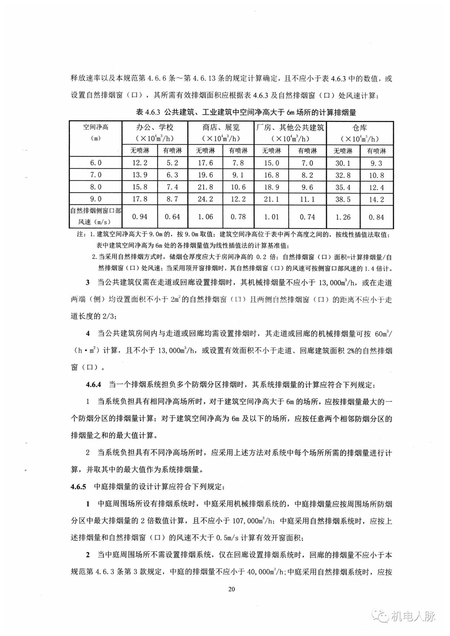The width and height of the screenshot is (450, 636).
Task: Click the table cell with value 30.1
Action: point(343,163)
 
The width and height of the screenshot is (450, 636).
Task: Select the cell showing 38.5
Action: point(343,199)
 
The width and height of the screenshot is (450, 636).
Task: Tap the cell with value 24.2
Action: point(205,199)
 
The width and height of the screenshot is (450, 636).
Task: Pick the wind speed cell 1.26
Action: point(343,217)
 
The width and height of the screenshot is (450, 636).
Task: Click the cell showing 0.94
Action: point(140,217)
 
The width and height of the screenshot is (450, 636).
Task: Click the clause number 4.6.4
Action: point(93,385)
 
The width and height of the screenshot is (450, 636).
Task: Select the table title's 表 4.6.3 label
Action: point(148,112)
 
